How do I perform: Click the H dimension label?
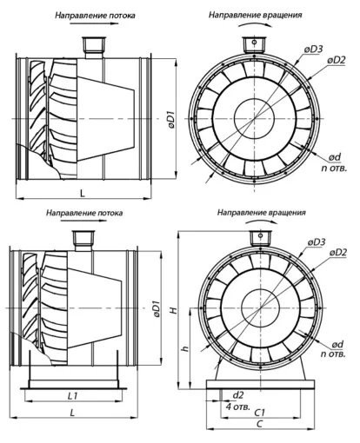173,310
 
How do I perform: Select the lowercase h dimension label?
186,348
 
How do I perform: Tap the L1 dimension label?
72,395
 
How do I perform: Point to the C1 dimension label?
259,413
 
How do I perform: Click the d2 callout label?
238,395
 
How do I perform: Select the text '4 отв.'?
237,407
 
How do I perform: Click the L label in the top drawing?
83,194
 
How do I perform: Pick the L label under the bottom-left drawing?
72,412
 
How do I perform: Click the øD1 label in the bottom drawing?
157,310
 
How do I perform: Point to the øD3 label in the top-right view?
313,50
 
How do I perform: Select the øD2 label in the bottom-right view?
338,253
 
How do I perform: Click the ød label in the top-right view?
335,157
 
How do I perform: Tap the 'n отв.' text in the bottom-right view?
333,354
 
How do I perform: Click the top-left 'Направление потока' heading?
95,16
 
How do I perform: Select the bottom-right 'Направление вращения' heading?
262,213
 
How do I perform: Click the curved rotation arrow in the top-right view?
255,24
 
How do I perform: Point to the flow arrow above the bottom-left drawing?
84,221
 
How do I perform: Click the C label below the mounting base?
260,424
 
